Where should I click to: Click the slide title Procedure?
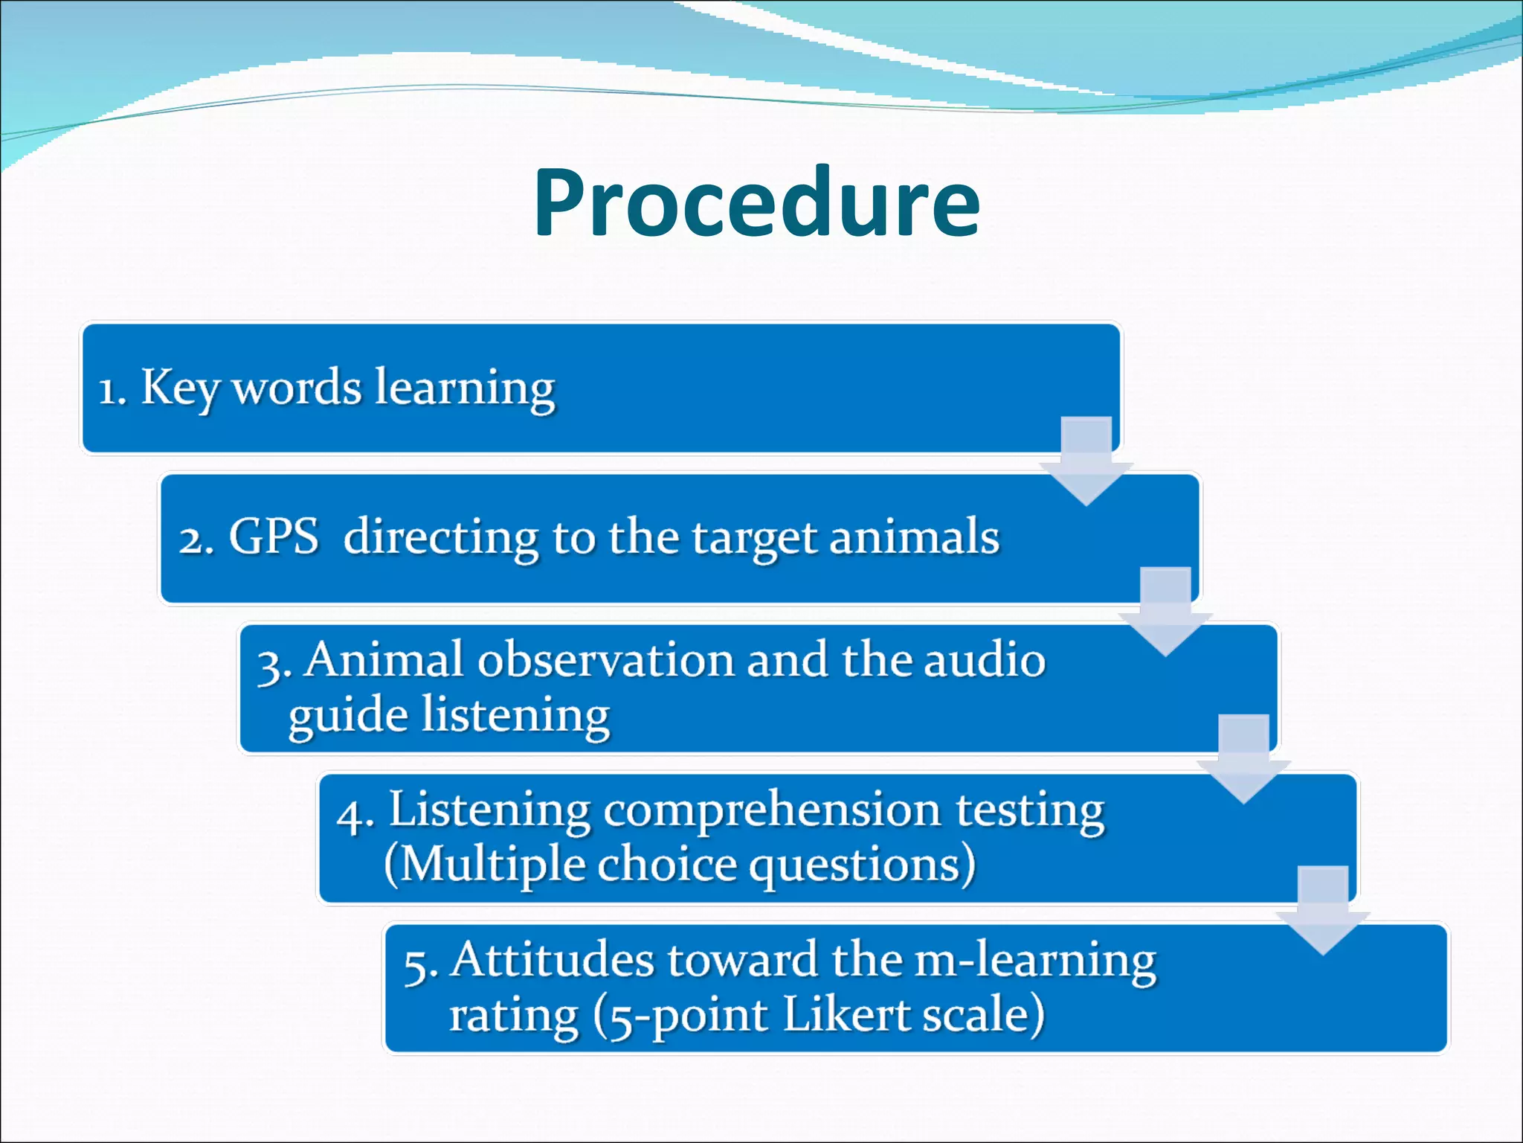(x=756, y=203)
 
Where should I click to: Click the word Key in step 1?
(x=178, y=388)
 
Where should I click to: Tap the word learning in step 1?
(x=465, y=388)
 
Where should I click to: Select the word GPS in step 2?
(x=273, y=537)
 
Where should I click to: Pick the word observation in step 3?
(x=606, y=660)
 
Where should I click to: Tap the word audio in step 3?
(x=984, y=660)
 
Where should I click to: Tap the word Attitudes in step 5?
(x=553, y=960)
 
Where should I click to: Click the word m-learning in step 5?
(x=1034, y=961)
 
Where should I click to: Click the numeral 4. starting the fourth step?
(x=354, y=816)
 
